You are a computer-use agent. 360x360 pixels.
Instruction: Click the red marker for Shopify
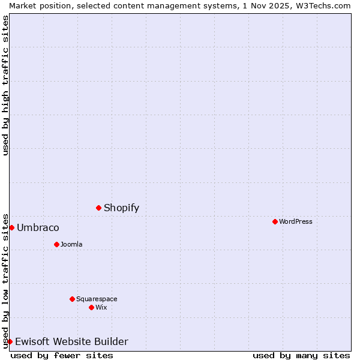98,208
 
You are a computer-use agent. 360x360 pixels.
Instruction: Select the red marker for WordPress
275,221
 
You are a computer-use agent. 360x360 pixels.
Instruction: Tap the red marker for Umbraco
11,227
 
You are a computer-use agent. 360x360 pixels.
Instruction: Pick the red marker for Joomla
56,244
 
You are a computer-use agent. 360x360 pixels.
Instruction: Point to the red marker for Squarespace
72,299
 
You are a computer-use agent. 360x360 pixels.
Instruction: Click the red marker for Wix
91,307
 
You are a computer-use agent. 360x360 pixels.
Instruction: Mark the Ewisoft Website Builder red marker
10,341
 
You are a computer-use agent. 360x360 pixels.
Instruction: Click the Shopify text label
121,208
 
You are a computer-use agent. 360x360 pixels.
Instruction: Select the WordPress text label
295,221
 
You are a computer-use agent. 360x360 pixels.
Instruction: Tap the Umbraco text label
38,228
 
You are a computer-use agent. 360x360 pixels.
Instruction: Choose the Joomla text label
71,244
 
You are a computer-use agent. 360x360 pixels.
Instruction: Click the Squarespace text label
97,299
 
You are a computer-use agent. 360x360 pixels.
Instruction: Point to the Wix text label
101,307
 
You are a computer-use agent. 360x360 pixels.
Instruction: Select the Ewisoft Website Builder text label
71,342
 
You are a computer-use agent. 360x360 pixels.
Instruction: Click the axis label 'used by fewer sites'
62,355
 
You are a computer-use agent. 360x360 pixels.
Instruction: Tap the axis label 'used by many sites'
301,355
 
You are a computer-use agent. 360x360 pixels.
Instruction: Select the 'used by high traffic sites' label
5,85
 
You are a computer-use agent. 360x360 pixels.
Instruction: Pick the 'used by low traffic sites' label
5,281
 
